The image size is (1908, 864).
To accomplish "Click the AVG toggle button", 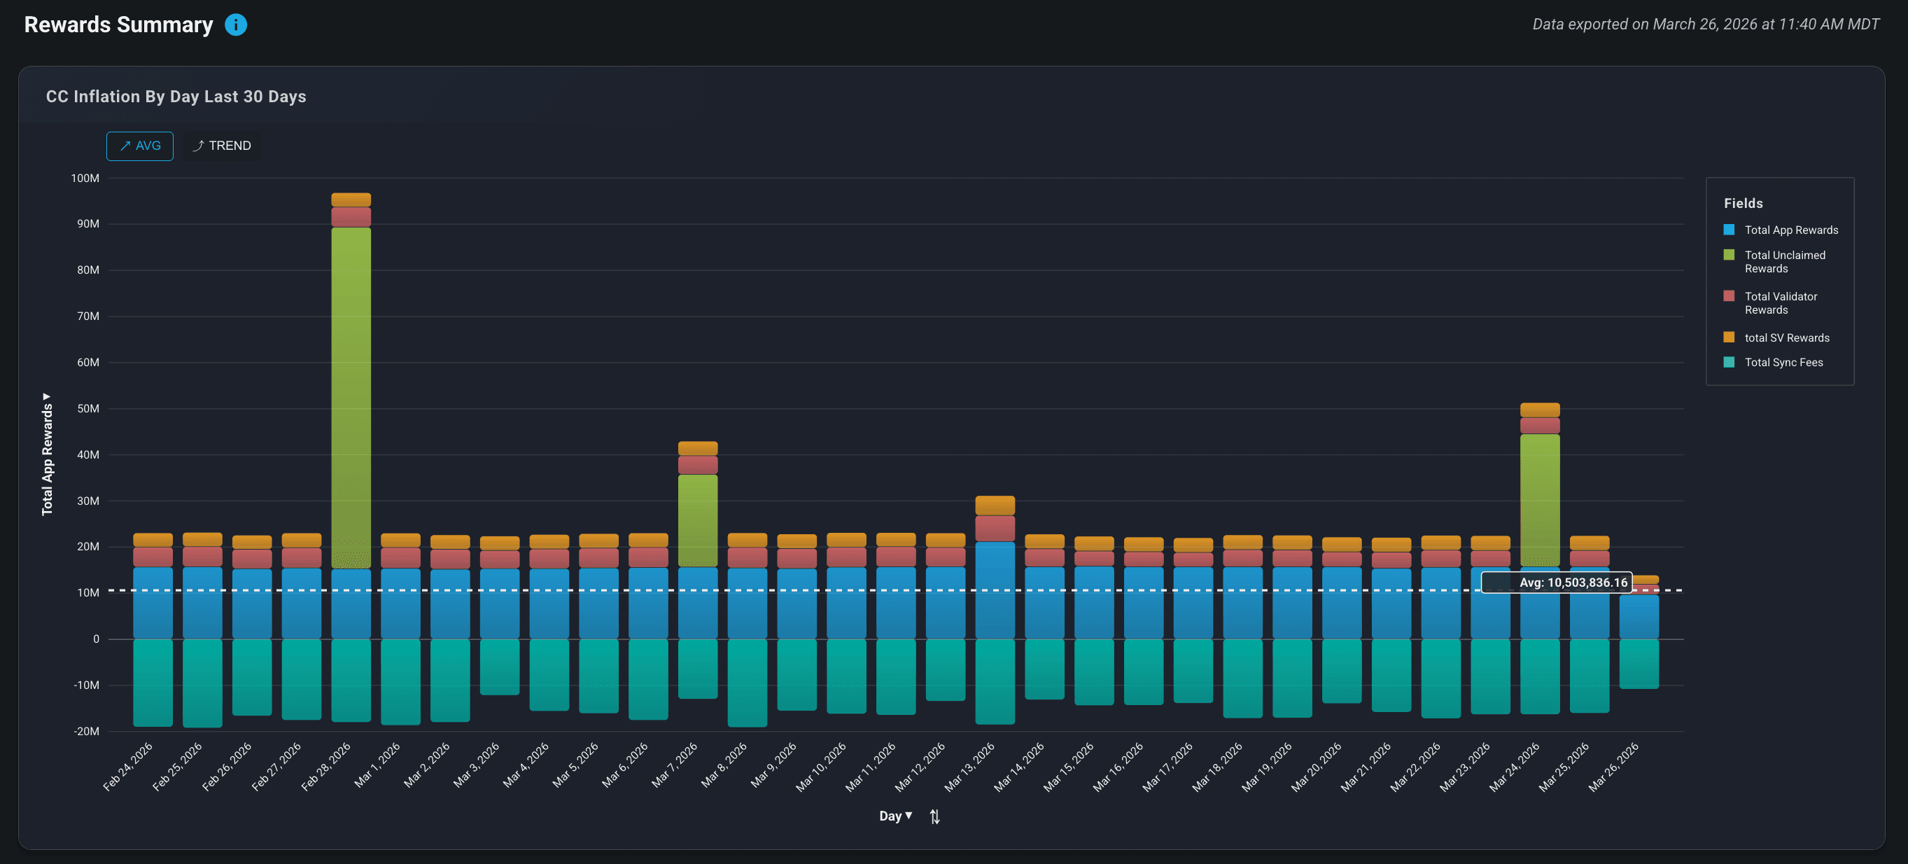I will tap(139, 146).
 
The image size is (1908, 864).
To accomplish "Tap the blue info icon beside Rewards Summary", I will tap(236, 25).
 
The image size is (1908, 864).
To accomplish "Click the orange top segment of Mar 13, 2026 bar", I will tap(994, 506).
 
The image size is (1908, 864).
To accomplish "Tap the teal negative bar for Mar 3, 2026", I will tap(499, 666).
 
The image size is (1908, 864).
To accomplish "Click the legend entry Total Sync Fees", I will tap(1783, 363).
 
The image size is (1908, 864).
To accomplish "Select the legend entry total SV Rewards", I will tap(1786, 338).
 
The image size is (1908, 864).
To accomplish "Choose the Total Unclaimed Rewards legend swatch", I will tap(1729, 255).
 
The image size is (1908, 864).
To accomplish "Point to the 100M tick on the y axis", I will tap(85, 179).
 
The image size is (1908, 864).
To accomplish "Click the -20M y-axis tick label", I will tap(86, 732).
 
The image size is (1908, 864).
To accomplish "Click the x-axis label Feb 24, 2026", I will tap(127, 767).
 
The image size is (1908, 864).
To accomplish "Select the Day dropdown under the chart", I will tap(895, 816).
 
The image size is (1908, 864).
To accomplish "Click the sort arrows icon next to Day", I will tap(934, 816).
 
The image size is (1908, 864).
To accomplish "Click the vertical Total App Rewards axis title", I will tap(48, 456).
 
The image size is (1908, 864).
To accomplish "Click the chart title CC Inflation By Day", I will tap(176, 97).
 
